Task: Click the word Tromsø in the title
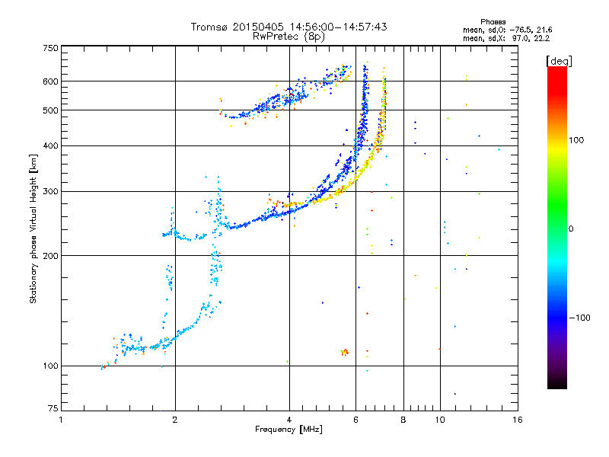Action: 210,27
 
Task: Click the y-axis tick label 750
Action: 50,48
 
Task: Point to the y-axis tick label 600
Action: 50,81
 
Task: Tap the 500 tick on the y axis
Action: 50,110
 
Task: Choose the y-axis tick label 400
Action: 50,145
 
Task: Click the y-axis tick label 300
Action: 50,191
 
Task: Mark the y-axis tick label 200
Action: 50,255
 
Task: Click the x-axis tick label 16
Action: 517,420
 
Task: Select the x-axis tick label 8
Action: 403,420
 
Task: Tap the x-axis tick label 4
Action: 289,420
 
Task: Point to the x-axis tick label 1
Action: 62,420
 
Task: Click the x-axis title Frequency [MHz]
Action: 289,430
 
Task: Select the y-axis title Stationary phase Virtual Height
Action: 33,228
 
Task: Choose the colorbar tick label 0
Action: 572,228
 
